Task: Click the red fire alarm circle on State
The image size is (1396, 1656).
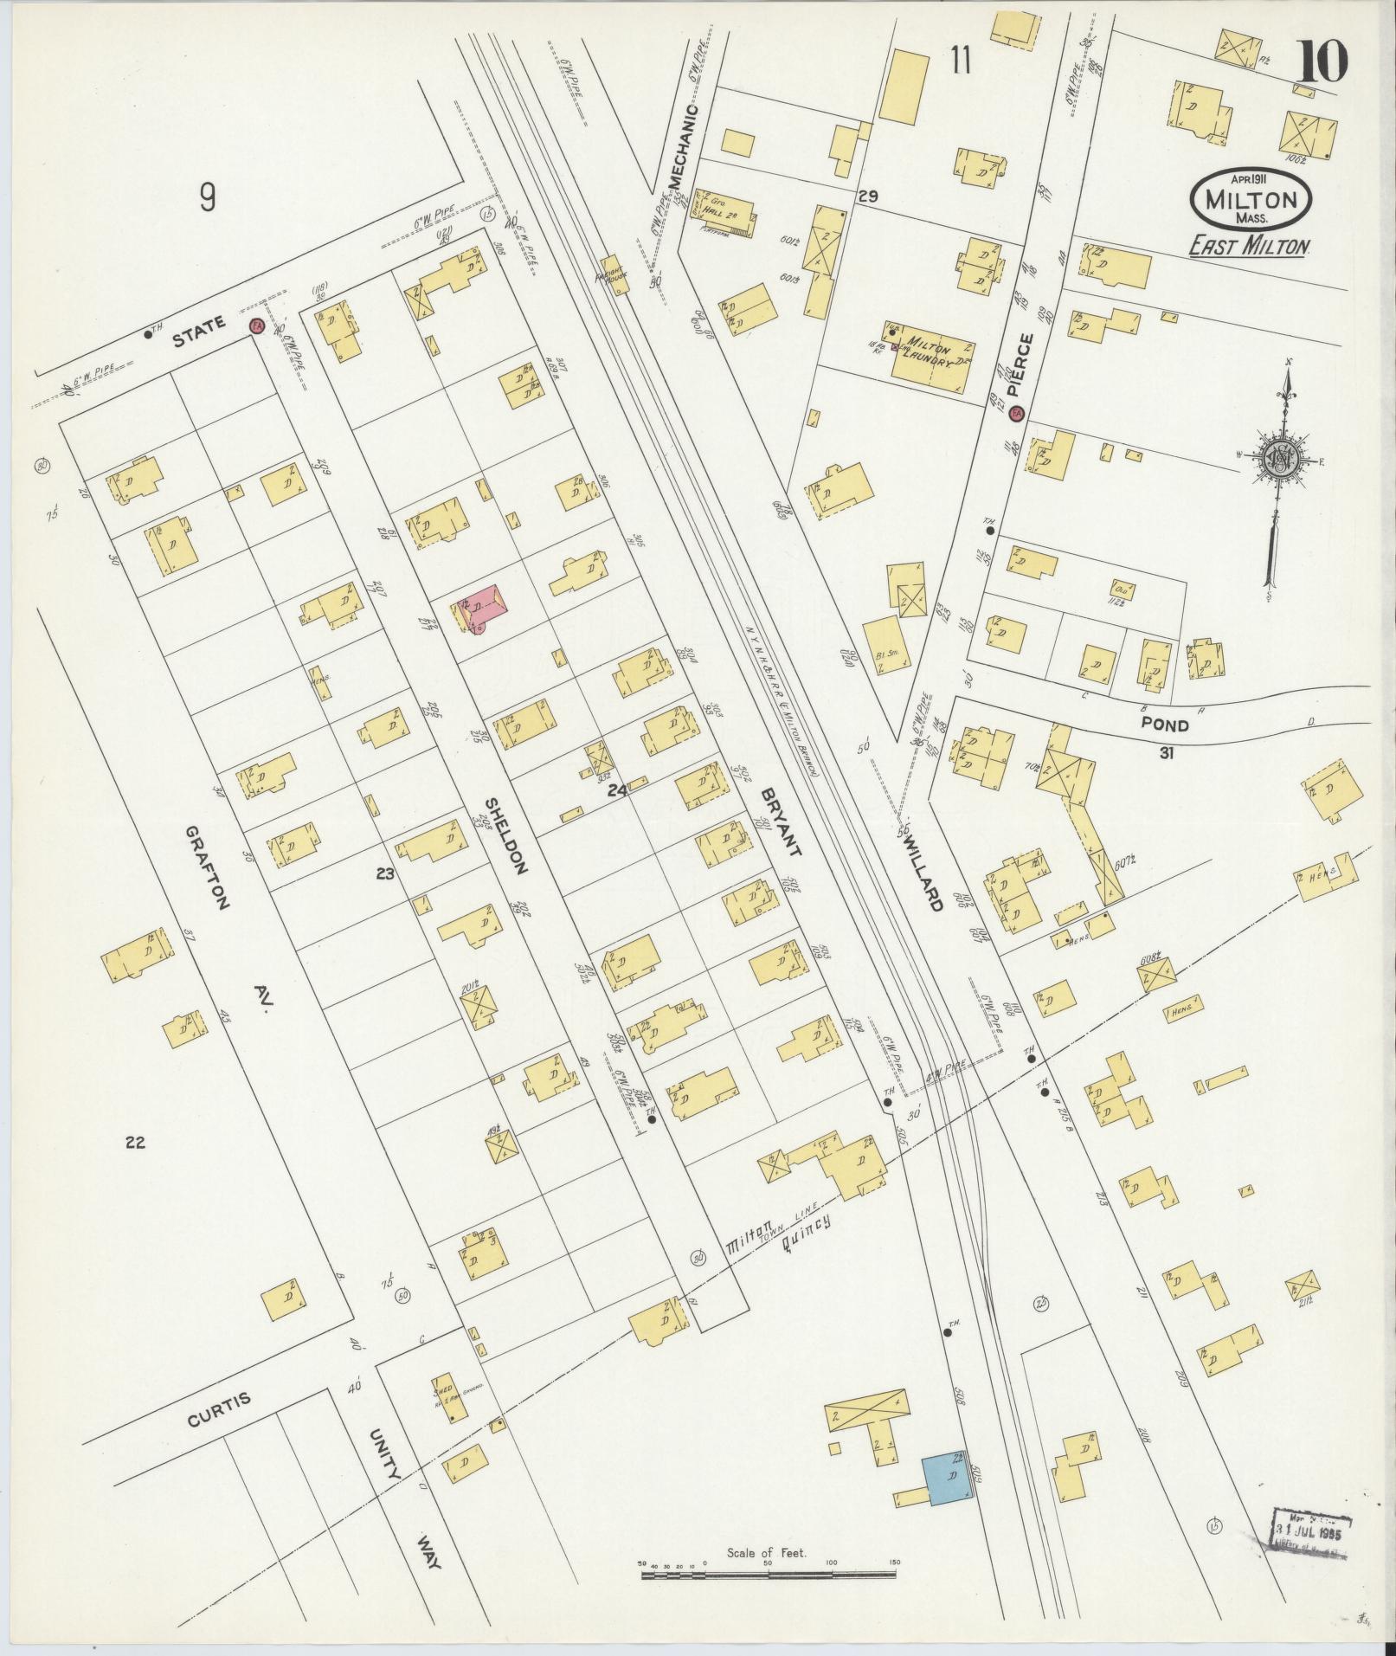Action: tap(256, 326)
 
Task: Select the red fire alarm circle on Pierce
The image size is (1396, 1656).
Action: tap(1017, 414)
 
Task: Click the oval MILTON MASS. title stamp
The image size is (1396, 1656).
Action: tap(1251, 200)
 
